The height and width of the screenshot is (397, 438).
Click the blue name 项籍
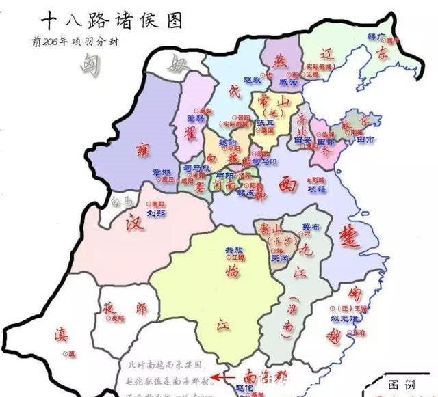[317, 188]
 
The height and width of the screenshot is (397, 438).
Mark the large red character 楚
[349, 240]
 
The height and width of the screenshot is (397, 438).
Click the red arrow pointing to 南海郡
[220, 375]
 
